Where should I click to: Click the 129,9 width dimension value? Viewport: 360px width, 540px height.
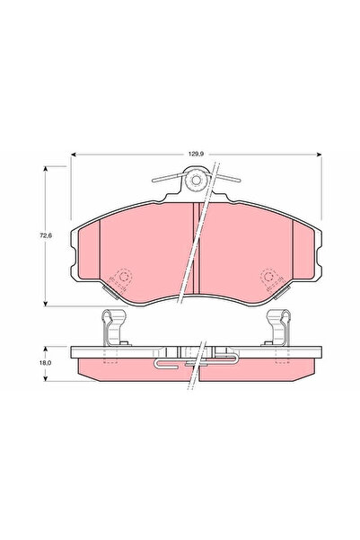click(x=196, y=155)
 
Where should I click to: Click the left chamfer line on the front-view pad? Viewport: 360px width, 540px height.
click(x=98, y=252)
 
